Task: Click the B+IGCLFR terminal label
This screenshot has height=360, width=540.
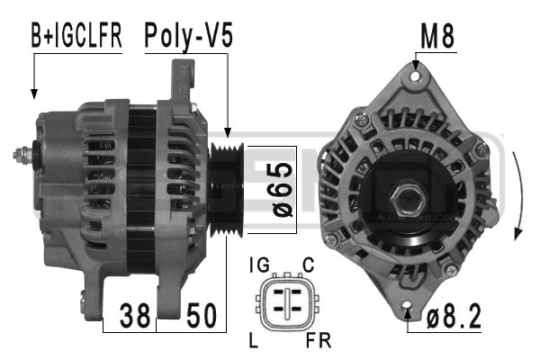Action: [76, 36]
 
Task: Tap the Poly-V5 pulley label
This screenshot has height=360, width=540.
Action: [188, 36]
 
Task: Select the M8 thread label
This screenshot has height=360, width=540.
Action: [437, 36]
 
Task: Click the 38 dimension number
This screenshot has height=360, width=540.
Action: [135, 315]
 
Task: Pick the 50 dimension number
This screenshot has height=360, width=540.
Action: [202, 315]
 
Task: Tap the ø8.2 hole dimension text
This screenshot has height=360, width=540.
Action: [454, 317]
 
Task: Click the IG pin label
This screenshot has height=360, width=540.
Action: [259, 265]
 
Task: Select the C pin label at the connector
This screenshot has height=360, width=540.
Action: [308, 265]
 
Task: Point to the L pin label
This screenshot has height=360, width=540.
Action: [254, 340]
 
